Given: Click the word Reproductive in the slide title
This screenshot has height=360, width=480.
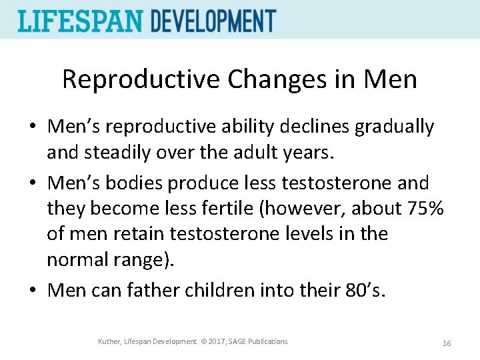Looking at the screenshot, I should pyautogui.click(x=141, y=79).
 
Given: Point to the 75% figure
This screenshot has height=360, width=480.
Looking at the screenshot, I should pyautogui.click(x=425, y=208).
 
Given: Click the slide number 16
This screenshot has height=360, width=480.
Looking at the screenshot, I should pyautogui.click(x=447, y=343).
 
